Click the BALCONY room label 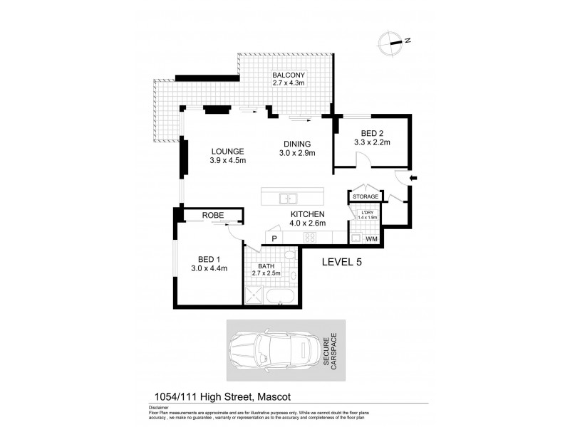click(288, 75)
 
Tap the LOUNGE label click(228, 151)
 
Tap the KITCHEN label click(307, 214)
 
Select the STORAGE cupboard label click(364, 196)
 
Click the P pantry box click(273, 238)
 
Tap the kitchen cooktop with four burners click(311, 238)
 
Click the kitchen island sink click(289, 199)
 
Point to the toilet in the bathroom click(288, 255)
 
